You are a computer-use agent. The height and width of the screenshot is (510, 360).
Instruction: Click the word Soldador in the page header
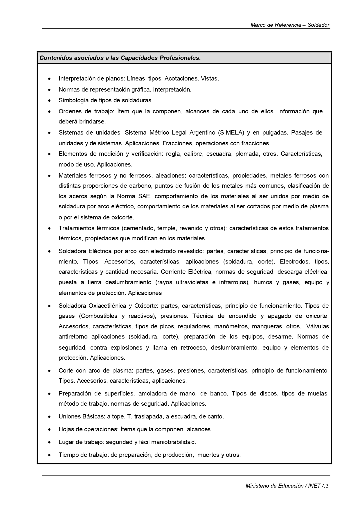[318, 25]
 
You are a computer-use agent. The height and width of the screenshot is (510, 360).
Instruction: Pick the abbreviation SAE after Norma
[144, 196]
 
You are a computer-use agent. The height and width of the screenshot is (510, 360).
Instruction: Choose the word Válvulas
[317, 326]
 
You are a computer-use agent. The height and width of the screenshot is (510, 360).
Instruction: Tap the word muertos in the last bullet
[208, 455]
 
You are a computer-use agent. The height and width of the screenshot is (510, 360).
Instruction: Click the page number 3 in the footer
[327, 486]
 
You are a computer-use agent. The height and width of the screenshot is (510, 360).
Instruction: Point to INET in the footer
[314, 486]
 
